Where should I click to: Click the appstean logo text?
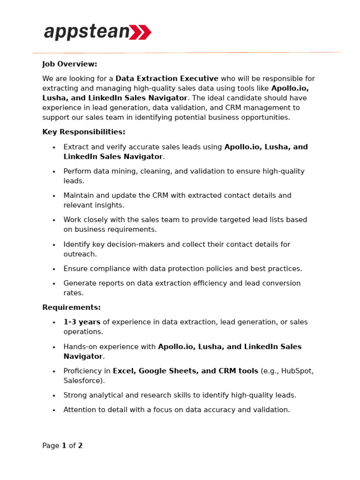[x=87, y=32]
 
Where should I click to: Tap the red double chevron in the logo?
[x=140, y=32]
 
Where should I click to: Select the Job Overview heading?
[x=70, y=64]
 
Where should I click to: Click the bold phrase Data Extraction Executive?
[x=167, y=79]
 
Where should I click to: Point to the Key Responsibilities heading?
[x=83, y=132]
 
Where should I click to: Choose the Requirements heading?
[x=71, y=307]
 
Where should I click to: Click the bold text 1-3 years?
[x=82, y=322]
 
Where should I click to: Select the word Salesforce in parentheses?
[x=83, y=381]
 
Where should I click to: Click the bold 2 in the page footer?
[x=80, y=446]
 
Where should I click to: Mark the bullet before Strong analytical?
[x=54, y=396]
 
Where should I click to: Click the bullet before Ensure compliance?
[x=54, y=269]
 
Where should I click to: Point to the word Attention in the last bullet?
[x=80, y=410]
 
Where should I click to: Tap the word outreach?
[x=80, y=254]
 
